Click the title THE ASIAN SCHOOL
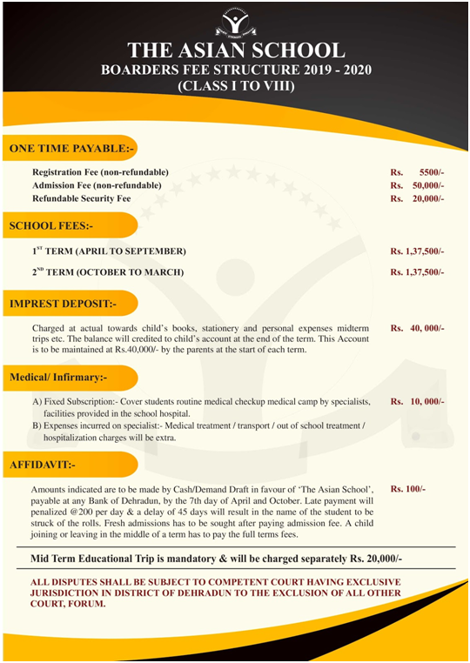click(236, 50)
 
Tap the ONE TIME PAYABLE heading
click(72, 149)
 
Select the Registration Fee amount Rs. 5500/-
click(418, 172)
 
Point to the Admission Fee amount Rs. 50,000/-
click(418, 185)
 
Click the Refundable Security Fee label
click(81, 198)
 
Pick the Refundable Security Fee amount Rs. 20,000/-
click(418, 198)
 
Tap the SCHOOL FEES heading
click(51, 225)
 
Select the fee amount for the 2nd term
click(417, 272)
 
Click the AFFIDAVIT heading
click(44, 465)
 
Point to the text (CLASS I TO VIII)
click(236, 87)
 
